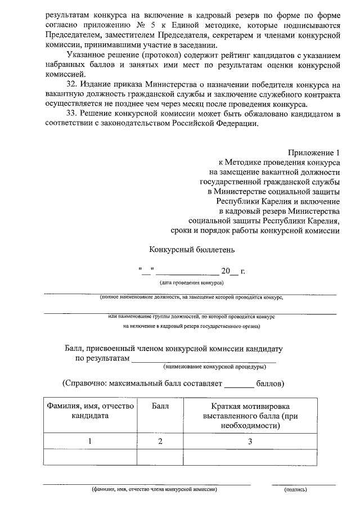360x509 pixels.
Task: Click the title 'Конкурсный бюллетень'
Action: [x=191, y=249]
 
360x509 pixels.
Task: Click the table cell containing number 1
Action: [x=90, y=442]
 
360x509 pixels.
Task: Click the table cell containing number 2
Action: [x=160, y=442]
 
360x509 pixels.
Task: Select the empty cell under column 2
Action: [x=160, y=457]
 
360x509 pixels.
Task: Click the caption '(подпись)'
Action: [x=296, y=490]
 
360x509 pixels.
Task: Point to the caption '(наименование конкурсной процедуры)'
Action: [x=215, y=367]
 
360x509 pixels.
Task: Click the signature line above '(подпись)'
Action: [x=304, y=484]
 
